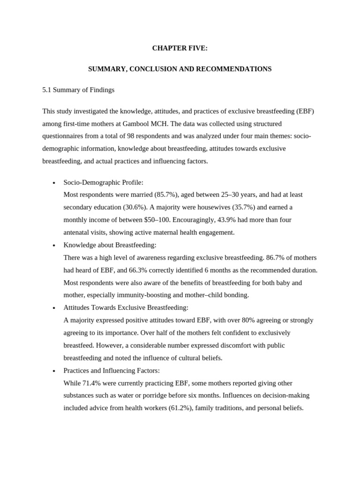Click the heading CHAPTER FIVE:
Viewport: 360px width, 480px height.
coord(180,48)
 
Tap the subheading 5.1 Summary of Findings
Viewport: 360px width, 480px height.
coord(78,90)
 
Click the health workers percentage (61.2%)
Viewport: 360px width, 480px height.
coord(180,408)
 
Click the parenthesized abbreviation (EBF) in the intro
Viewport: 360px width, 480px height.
coord(305,111)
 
